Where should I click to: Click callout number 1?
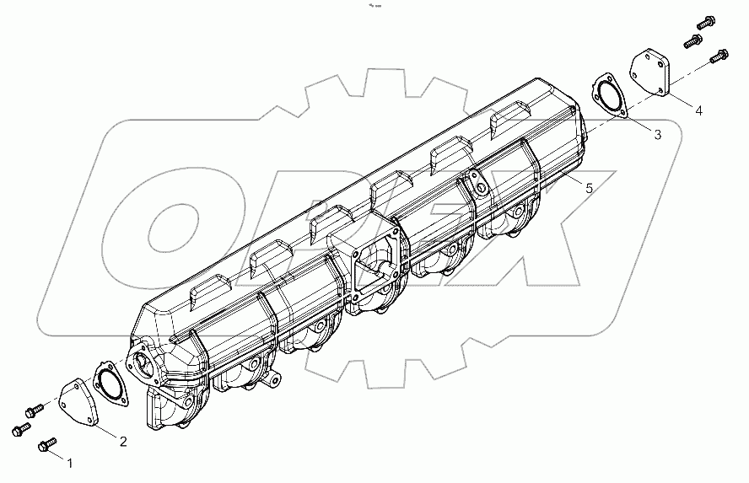[x=70, y=464]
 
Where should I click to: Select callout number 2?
[x=123, y=441]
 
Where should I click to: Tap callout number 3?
[x=657, y=134]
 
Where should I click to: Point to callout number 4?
[x=699, y=110]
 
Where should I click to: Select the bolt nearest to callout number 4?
[x=719, y=57]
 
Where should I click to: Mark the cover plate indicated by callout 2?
[x=79, y=403]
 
